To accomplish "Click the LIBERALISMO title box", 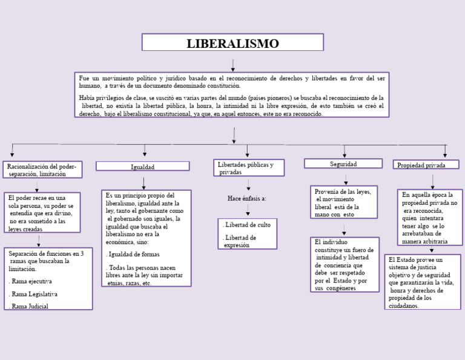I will pos(232,43).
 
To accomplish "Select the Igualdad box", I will pos(143,167).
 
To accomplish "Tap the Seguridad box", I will pos(343,164).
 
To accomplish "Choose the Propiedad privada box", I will pos(426,165).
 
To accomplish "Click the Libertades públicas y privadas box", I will pos(249,168).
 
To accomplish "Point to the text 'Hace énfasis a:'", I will pos(246,198).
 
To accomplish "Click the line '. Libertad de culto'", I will pos(247,225).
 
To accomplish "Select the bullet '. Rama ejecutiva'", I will pos(31,281).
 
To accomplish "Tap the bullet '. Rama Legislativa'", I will pos(34,294).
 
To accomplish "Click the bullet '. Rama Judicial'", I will pos(29,306).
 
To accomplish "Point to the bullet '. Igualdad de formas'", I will pos(133,255).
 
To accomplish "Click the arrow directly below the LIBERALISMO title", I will pos(232,64).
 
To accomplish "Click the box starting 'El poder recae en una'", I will pos(42,213).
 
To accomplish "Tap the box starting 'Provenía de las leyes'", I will pos(343,202).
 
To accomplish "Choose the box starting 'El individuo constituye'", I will pos(345,264).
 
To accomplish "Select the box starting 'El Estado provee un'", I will pos(422,282).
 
